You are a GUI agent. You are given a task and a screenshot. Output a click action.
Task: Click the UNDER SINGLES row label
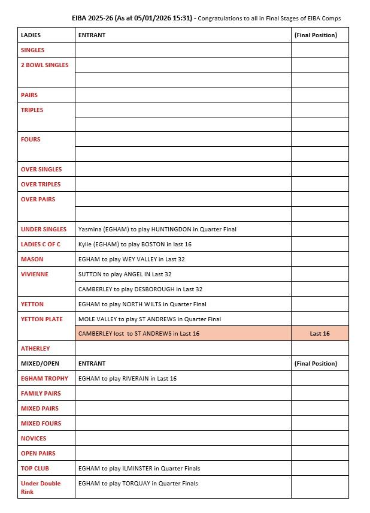[44, 230]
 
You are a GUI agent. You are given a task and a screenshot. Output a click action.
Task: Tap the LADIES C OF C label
[41, 245]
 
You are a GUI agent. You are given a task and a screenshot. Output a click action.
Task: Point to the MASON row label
[32, 259]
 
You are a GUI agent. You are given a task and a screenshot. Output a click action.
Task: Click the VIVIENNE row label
[35, 274]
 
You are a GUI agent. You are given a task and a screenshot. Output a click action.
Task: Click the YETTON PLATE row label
[42, 319]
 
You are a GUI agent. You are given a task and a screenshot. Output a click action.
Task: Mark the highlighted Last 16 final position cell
[320, 334]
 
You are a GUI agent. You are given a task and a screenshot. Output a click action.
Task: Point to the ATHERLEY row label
[35, 349]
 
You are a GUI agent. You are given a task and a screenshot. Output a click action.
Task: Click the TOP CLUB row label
[35, 469]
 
